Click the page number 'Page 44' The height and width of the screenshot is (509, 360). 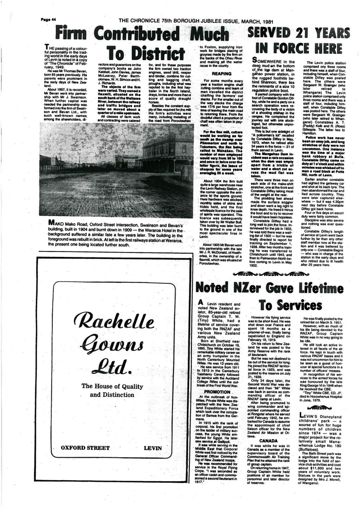(49, 19)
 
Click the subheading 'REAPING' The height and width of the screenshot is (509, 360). (221, 73)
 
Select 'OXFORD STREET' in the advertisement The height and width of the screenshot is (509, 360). (85, 448)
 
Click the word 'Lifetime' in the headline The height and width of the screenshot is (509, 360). (319, 287)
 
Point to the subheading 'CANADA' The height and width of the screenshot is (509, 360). (269, 440)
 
